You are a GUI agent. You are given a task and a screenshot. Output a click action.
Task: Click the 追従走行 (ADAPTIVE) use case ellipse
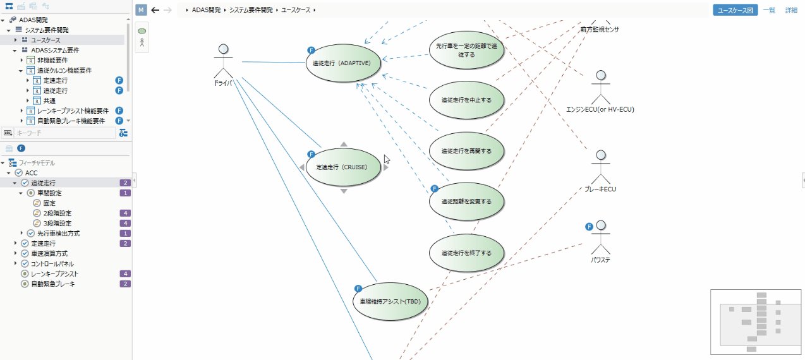[x=344, y=63]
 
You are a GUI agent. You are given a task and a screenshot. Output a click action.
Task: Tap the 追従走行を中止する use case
[x=466, y=100]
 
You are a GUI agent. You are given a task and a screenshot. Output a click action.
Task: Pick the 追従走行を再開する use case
[x=466, y=151]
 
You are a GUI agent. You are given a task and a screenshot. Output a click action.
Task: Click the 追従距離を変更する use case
[x=466, y=201]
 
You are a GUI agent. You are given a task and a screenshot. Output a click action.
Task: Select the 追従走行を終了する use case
[x=466, y=253]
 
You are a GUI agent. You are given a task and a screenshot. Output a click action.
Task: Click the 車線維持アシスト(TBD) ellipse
[x=390, y=301]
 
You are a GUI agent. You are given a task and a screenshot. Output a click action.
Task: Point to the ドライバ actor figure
[x=222, y=60]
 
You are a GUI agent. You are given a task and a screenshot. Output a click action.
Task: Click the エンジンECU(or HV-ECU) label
[x=600, y=109]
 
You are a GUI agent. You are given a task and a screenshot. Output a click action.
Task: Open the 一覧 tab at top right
[x=769, y=10]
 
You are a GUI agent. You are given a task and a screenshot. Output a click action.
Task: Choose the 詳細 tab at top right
[x=791, y=10]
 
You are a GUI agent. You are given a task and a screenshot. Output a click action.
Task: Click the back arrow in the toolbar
[x=155, y=10]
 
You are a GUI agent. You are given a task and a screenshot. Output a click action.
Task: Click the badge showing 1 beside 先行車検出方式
[x=125, y=233]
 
